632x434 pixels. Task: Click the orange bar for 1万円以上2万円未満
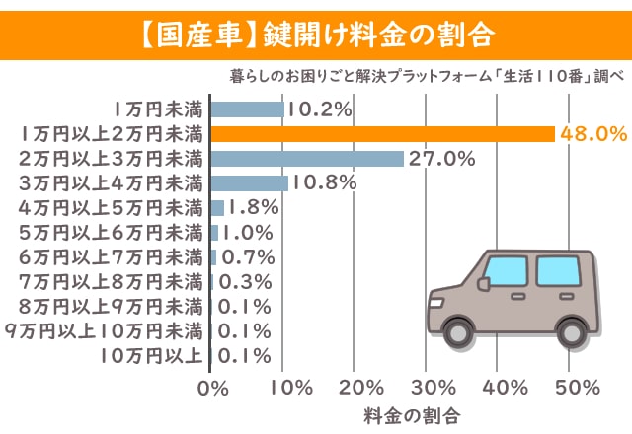(383, 133)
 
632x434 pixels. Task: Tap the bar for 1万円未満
(248, 108)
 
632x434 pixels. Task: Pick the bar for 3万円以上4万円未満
(250, 182)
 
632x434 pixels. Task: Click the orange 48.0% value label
(593, 133)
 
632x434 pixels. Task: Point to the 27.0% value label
(442, 158)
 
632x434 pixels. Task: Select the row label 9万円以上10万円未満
(104, 330)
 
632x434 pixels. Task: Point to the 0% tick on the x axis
(212, 386)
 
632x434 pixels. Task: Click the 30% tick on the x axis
(427, 386)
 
